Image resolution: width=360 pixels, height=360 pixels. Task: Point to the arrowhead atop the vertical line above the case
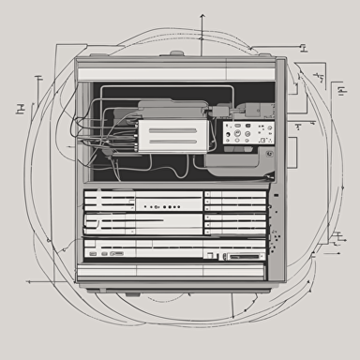tap(202, 16)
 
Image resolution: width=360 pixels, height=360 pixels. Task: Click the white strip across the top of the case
tap(178, 72)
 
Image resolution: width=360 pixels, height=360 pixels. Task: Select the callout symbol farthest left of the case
tap(21, 110)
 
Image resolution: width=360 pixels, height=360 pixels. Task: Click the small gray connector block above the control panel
tap(223, 112)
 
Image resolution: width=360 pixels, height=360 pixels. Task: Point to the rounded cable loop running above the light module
tap(159, 90)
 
